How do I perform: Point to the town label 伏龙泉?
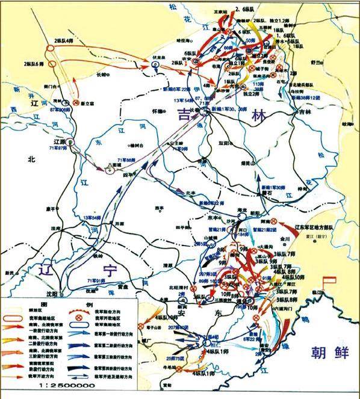tap(158, 58)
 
